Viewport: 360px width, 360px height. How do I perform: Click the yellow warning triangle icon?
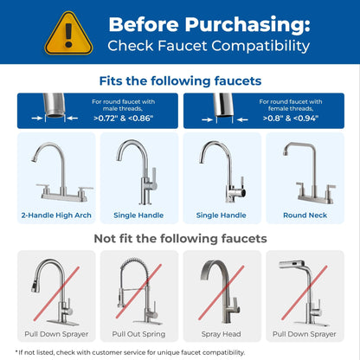click(68, 32)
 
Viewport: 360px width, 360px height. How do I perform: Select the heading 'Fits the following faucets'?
click(180, 80)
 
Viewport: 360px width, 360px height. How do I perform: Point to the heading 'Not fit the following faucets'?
click(180, 238)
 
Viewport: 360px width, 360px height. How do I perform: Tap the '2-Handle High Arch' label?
click(55, 215)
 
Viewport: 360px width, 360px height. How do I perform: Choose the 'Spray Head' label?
click(221, 332)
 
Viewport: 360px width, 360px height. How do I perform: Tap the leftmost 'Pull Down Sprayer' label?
click(55, 332)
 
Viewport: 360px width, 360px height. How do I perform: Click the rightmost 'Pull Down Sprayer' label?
click(304, 332)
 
